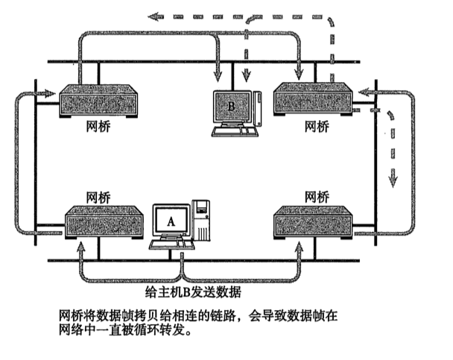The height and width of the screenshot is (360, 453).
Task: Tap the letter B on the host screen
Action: [x=231, y=107]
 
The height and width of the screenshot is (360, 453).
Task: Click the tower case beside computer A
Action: [x=201, y=221]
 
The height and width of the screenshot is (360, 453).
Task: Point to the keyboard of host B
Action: [x=233, y=130]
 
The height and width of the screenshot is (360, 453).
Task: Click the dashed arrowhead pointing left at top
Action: [x=152, y=14]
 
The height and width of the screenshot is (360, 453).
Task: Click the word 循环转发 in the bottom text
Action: [x=153, y=329]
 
